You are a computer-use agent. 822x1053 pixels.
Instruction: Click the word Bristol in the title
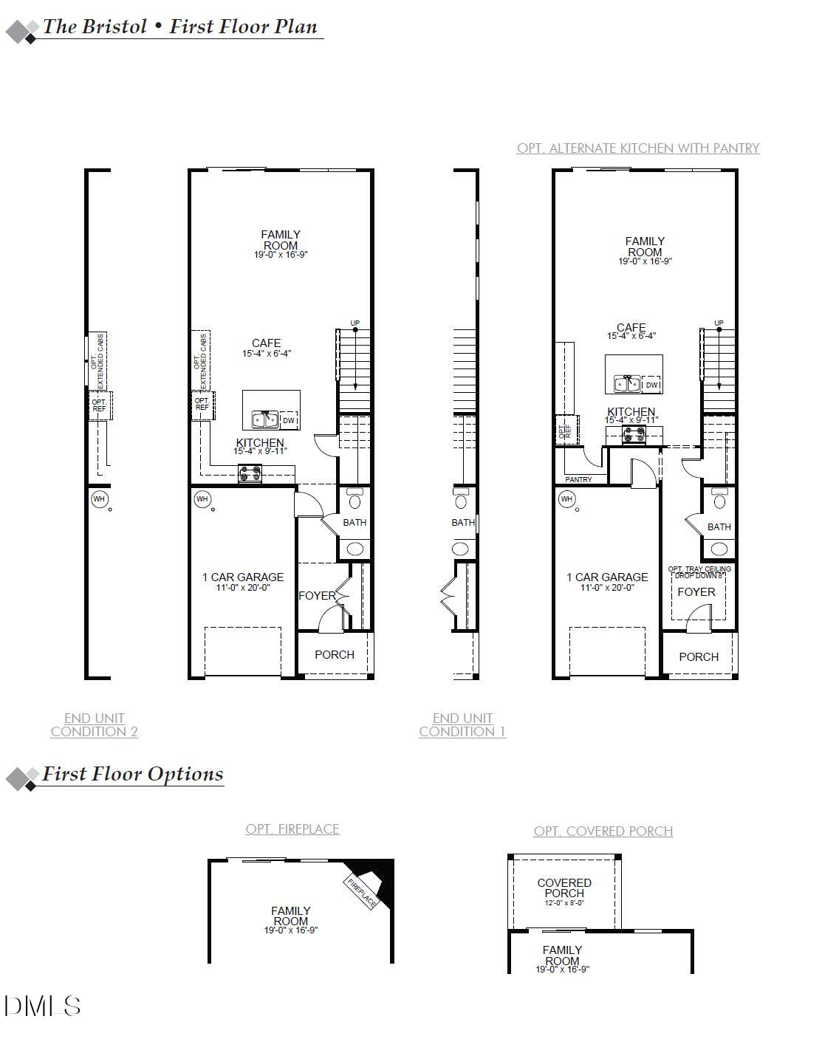[114, 27]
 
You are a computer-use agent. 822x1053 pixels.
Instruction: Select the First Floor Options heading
[132, 774]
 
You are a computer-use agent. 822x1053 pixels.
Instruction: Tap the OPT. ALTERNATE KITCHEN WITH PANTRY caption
[638, 148]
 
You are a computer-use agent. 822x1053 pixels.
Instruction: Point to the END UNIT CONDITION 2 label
[94, 724]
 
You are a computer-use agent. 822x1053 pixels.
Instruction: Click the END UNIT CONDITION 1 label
[462, 724]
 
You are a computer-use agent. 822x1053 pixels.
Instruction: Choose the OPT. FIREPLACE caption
[292, 829]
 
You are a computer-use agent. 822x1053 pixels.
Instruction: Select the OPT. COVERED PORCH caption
[603, 831]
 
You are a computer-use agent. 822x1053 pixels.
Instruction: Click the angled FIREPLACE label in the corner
[362, 891]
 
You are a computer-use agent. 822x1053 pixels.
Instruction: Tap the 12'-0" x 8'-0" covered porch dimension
[564, 902]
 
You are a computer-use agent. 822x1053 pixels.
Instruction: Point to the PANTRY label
[578, 479]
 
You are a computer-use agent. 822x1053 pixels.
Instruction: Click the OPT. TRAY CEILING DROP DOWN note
[699, 572]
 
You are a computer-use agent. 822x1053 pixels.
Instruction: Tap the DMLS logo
[42, 1006]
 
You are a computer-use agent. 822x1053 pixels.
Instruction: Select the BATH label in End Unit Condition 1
[463, 522]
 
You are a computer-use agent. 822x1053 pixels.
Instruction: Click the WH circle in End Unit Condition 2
[99, 499]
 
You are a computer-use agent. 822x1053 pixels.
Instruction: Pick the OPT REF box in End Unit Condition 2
[99, 405]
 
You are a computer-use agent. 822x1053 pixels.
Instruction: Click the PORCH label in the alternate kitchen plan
[698, 656]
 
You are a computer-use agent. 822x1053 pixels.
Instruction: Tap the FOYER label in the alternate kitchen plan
[696, 591]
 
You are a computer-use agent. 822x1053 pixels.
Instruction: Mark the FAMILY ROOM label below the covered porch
[562, 956]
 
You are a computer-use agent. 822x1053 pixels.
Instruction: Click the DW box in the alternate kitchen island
[651, 385]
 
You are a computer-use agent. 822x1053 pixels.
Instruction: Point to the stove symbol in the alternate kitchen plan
[634, 436]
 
